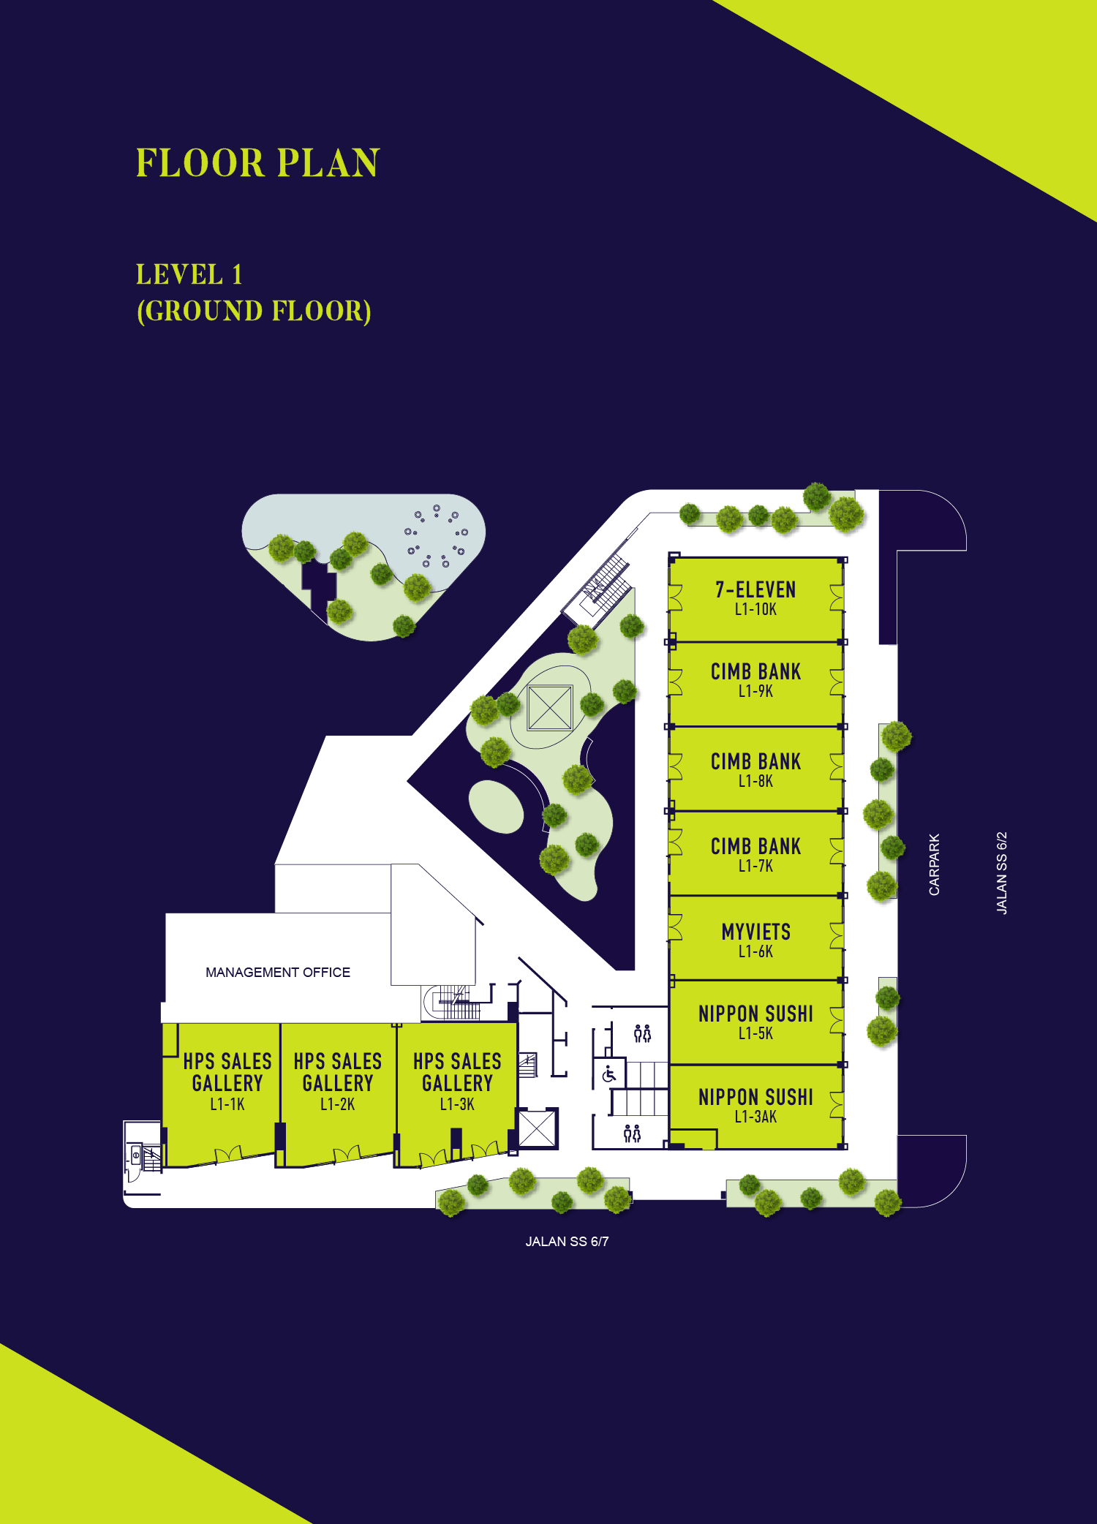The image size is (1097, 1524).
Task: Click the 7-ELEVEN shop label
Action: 755,589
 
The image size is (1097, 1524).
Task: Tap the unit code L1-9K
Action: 755,691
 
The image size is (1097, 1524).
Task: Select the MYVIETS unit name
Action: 756,932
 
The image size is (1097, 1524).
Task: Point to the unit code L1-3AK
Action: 755,1117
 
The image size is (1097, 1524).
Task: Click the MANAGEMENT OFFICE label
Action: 278,973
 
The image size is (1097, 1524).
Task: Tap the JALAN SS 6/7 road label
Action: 567,1242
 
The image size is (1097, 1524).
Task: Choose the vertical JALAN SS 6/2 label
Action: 1002,872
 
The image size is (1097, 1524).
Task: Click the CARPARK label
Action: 934,864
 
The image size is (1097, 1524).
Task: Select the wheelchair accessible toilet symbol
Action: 609,1074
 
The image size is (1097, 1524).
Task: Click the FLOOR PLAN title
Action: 258,163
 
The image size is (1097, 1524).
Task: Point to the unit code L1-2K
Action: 337,1104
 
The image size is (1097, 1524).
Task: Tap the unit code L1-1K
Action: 227,1104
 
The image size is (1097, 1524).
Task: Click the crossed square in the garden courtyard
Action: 550,707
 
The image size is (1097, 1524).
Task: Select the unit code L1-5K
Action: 755,1033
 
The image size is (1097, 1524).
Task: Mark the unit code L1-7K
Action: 755,866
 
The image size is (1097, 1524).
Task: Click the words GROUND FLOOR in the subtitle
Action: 254,311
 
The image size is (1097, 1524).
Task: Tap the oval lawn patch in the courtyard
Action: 497,807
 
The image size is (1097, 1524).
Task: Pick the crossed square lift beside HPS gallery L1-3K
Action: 538,1128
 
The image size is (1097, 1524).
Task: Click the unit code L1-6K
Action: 755,951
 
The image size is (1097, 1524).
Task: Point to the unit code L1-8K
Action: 755,781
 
